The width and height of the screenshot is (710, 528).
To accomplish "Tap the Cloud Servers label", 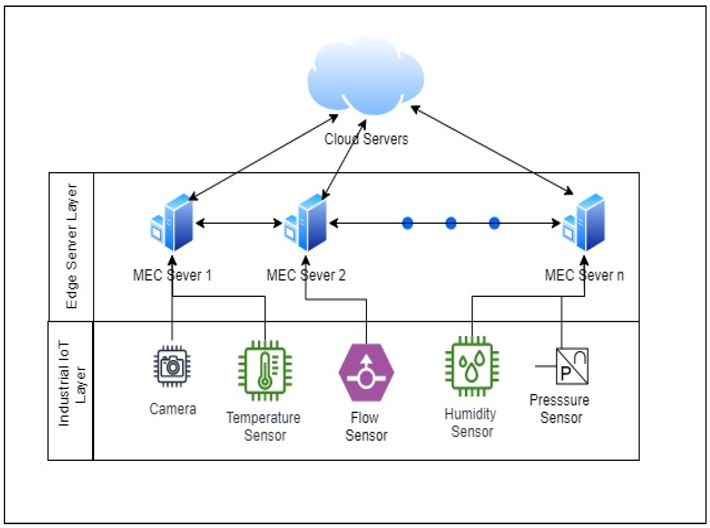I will click(366, 139).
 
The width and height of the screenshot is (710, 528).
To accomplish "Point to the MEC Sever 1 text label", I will click(172, 275).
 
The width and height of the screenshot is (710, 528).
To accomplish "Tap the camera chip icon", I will click(172, 366).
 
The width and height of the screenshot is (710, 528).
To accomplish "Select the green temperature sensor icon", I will click(265, 371).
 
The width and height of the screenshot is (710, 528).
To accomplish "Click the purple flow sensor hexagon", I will click(366, 372).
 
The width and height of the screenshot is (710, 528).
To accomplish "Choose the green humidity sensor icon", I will click(472, 366).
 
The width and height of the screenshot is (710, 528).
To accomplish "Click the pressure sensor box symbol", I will click(572, 366).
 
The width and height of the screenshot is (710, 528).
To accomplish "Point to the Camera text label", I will click(173, 409).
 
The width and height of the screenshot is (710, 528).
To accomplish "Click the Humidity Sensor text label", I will click(471, 423).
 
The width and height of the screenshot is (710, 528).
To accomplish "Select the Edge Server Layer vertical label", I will click(72, 246).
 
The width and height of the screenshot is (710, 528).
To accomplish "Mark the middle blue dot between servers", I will click(451, 223).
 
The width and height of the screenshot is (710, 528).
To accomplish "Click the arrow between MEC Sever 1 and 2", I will click(239, 223).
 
